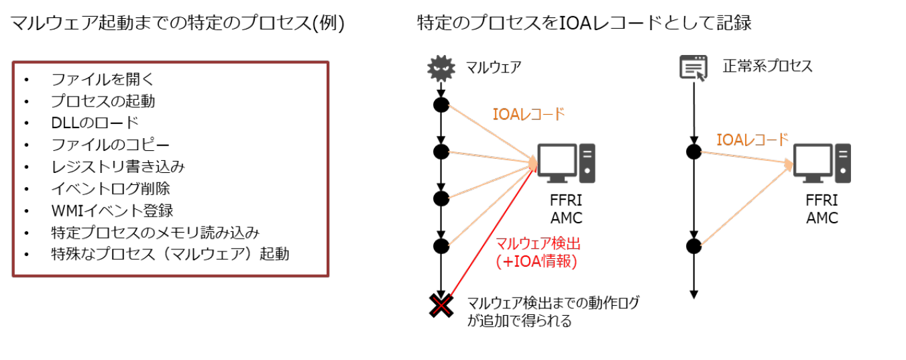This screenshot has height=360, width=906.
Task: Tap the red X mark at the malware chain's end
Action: [441, 306]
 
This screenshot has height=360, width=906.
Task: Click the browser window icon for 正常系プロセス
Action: [693, 68]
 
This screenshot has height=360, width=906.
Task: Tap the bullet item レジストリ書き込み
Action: [117, 166]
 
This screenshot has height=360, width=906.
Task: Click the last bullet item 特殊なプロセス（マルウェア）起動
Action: [170, 254]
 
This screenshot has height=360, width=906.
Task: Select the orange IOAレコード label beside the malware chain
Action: [528, 114]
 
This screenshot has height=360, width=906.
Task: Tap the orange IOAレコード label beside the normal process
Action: [752, 140]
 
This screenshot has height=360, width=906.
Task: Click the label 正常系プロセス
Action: [767, 66]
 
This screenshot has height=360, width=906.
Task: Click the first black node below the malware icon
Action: [441, 105]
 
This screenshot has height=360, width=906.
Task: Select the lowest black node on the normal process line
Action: [694, 245]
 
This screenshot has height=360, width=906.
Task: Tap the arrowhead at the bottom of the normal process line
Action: [694, 294]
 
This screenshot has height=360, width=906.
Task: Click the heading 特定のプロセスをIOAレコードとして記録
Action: [583, 23]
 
